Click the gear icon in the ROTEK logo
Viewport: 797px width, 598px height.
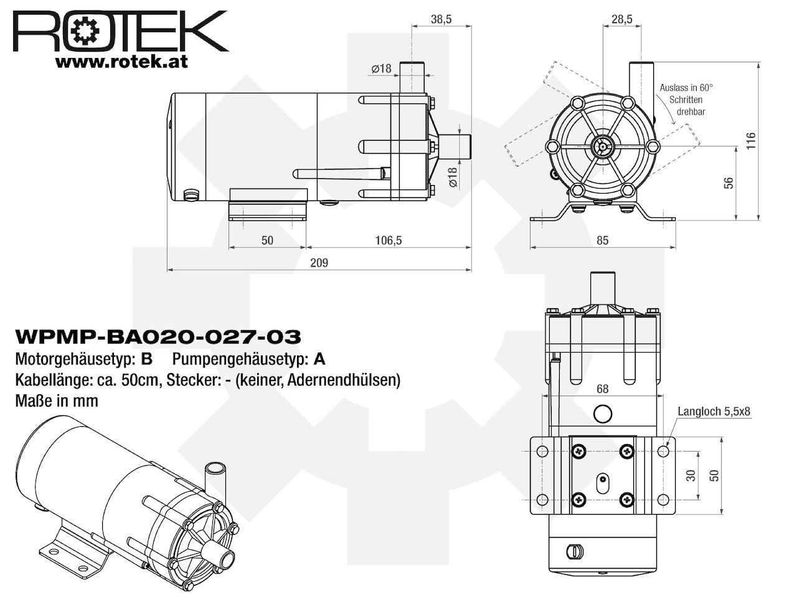tap(85, 31)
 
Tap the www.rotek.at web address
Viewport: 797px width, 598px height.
tap(121, 62)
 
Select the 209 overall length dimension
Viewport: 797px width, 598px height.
tap(319, 262)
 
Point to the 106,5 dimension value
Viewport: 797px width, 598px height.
tap(388, 240)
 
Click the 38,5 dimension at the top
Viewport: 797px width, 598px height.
tap(441, 19)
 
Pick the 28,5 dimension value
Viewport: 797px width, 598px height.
tap(621, 19)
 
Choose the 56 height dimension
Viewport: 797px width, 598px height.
tap(729, 183)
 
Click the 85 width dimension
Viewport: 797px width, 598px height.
tap(602, 240)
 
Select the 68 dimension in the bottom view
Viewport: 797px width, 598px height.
tap(602, 389)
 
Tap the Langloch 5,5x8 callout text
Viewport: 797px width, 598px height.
tap(714, 411)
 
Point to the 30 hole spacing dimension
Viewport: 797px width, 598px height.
tap(691, 475)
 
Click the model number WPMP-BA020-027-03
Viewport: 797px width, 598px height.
tap(158, 336)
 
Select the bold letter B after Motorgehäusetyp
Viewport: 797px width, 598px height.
tap(147, 359)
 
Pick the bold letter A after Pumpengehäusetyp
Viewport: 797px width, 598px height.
tap(319, 359)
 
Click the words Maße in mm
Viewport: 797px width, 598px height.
tap(57, 401)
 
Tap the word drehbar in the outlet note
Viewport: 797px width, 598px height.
tap(691, 112)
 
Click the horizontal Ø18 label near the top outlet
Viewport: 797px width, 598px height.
tap(381, 69)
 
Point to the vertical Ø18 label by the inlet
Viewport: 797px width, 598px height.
tap(453, 177)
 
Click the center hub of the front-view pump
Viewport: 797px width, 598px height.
tap(603, 146)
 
